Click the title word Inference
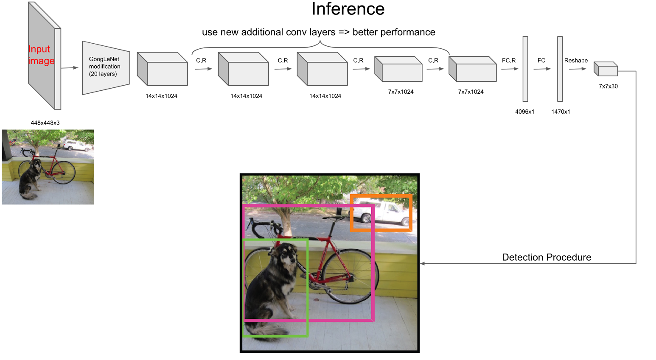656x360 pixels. click(348, 9)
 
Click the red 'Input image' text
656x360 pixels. click(41, 55)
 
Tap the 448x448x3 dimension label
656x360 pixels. click(45, 123)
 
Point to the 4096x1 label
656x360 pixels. click(524, 112)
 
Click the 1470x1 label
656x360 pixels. click(561, 112)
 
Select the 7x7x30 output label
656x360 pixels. click(608, 87)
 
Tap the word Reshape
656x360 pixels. click(576, 61)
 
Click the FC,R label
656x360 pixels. click(509, 61)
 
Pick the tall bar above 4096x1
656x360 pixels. click(525, 69)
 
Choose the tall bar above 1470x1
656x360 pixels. click(560, 69)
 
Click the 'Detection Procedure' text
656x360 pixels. click(546, 257)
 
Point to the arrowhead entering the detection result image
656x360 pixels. click(423, 264)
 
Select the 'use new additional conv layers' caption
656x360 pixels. click(318, 32)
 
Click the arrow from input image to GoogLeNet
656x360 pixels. click(70, 68)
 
